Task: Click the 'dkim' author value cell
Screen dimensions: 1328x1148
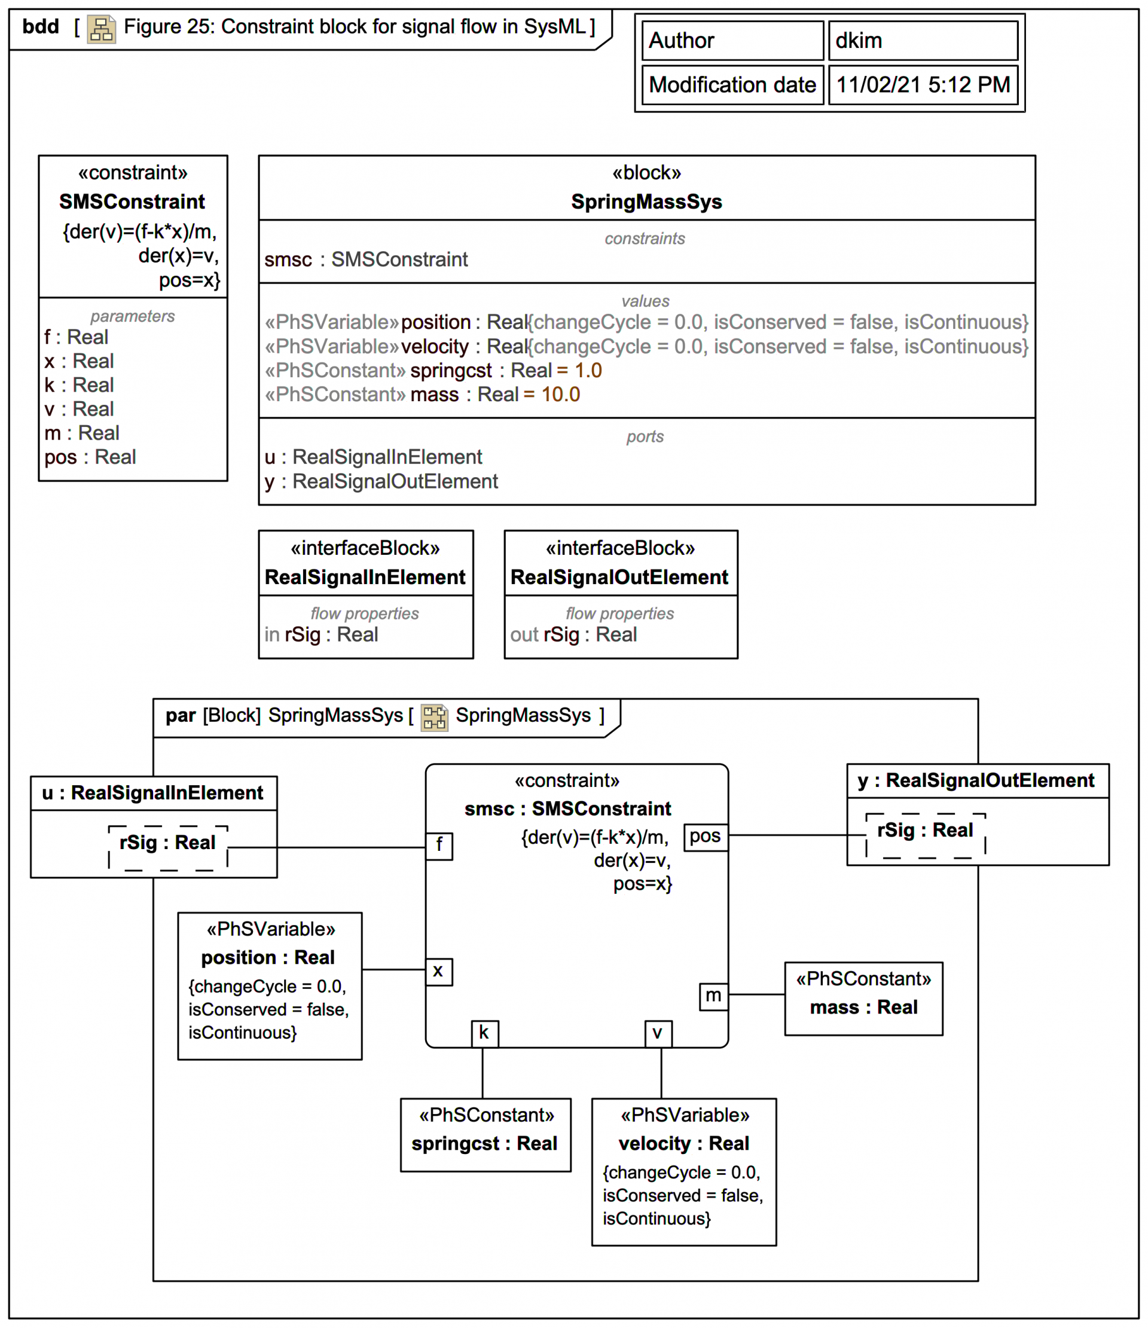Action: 923,41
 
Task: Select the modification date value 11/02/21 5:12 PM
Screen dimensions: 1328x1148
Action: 923,84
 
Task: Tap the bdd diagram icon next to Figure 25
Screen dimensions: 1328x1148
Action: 101,29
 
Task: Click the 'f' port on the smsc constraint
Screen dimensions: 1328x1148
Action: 439,845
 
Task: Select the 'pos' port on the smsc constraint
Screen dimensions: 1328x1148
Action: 705,837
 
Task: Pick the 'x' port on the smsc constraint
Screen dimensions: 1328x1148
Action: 438,972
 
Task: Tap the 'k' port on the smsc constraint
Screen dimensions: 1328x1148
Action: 484,1033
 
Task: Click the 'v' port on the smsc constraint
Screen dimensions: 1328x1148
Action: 658,1033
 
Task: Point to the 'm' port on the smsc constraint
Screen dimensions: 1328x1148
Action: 713,996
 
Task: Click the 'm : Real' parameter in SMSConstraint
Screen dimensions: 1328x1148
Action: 82,433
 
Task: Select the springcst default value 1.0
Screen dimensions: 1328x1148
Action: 588,371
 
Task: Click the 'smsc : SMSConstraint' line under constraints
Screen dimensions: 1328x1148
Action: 366,260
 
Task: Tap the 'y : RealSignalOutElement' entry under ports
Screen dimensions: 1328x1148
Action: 381,481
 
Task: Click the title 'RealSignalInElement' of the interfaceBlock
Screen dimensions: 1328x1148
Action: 365,577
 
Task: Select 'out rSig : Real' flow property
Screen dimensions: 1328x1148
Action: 573,634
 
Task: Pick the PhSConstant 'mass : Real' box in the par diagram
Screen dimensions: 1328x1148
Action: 863,998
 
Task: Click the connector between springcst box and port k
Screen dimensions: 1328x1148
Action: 483,1073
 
